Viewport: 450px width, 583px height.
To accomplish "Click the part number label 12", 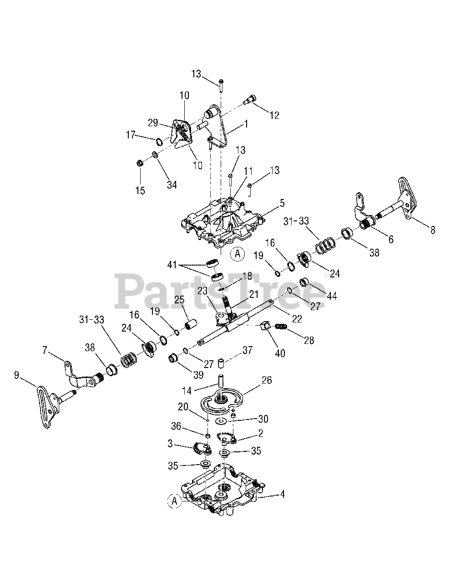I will (x=274, y=115).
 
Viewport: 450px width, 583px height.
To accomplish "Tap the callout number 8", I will (x=432, y=230).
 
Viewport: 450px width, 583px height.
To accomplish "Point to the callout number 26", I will (x=267, y=380).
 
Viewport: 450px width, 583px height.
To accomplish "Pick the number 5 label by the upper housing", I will (x=282, y=201).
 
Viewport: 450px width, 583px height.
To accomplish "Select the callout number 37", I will (x=248, y=350).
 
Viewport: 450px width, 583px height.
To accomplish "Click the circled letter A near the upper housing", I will (x=237, y=254).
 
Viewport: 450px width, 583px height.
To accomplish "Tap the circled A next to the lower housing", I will (x=173, y=501).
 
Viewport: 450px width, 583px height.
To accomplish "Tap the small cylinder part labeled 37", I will (x=222, y=364).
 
